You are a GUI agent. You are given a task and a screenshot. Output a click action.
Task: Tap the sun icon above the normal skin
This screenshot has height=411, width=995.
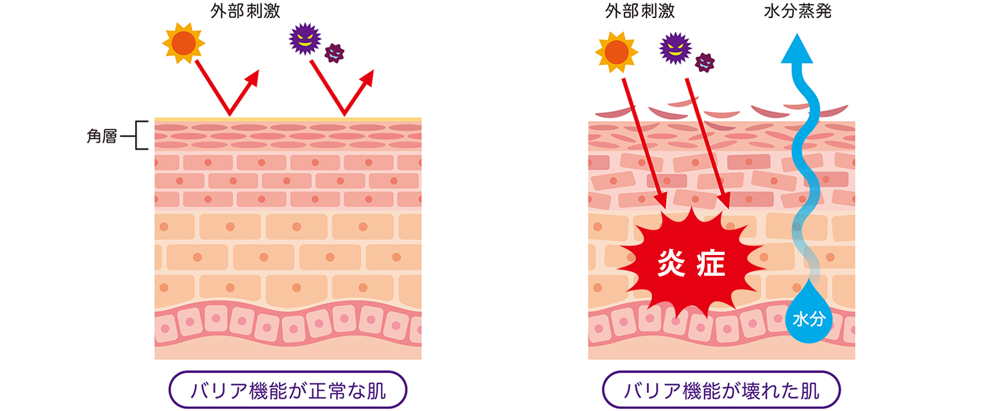pyautogui.click(x=183, y=44)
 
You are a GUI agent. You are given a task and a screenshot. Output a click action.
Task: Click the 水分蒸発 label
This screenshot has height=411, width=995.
pyautogui.click(x=797, y=11)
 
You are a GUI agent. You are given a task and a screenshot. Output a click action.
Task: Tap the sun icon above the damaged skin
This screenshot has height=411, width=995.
pyautogui.click(x=616, y=53)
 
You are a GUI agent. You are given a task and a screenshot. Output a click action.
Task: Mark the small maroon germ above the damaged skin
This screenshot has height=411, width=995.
pyautogui.click(x=704, y=62)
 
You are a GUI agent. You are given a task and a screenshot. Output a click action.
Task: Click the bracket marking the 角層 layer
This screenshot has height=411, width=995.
pyautogui.click(x=140, y=135)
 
